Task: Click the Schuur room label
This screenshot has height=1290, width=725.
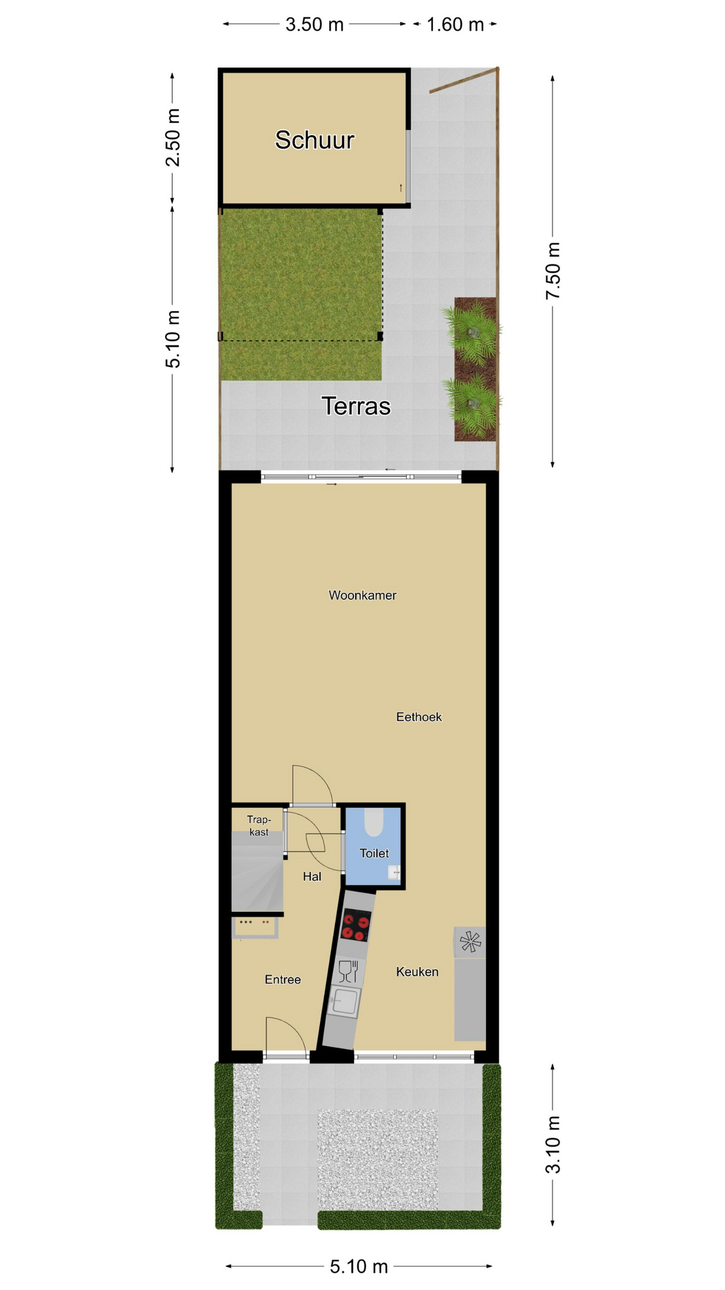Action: (314, 140)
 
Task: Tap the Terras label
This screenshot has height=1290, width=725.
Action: (356, 406)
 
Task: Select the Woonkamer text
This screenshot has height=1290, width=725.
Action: (362, 595)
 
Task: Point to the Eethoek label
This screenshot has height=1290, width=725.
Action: (419, 717)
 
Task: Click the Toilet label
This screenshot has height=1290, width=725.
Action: (374, 853)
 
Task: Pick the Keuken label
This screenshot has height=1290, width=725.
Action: (417, 972)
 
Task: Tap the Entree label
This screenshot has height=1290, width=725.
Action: (283, 980)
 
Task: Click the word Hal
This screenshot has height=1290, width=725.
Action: (312, 876)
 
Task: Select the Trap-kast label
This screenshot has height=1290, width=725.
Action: (258, 826)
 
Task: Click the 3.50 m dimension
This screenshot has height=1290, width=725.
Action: (314, 25)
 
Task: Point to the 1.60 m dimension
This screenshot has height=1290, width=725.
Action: (455, 25)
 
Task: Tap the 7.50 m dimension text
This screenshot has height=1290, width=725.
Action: (552, 271)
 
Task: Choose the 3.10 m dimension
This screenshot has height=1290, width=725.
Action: (552, 1144)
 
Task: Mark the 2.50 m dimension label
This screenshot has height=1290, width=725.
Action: (173, 137)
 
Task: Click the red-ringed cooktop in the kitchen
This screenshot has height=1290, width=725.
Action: (356, 925)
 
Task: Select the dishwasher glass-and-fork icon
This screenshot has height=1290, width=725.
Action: (348, 972)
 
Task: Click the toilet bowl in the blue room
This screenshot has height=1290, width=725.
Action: (374, 822)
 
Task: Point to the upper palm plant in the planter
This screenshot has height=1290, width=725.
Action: (473, 329)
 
